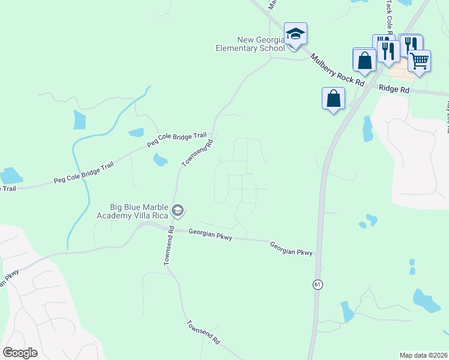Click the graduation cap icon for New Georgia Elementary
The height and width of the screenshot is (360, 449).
pyautogui.click(x=295, y=34)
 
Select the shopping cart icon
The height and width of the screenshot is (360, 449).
pyautogui.click(x=419, y=60)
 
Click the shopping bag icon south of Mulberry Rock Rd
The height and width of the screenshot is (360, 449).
pyautogui.click(x=333, y=98)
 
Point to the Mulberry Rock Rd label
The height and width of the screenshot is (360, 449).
pyautogui.click(x=338, y=71)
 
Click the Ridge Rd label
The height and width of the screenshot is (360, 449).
pyautogui.click(x=394, y=89)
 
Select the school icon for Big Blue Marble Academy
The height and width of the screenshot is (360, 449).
pyautogui.click(x=177, y=211)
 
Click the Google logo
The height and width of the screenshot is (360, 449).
pyautogui.click(x=20, y=353)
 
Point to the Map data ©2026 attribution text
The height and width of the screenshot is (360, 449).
pyautogui.click(x=423, y=355)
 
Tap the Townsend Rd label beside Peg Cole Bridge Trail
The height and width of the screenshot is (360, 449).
pyautogui.click(x=198, y=154)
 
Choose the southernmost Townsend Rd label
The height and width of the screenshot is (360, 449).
pyautogui.click(x=202, y=331)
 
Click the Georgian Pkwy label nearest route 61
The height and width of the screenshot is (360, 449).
pyautogui.click(x=291, y=249)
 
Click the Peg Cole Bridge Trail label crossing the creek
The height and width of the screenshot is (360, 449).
pyautogui.click(x=83, y=172)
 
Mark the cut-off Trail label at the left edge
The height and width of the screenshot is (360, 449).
pyautogui.click(x=7, y=188)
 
